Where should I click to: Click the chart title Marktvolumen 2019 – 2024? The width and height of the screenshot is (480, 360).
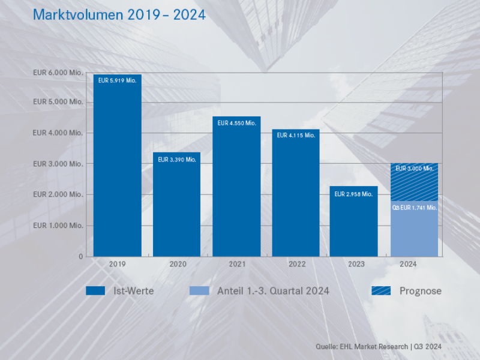point(119,15)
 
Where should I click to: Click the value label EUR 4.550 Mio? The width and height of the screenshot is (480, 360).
point(236,123)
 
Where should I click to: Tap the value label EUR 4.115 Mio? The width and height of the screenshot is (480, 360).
point(296,136)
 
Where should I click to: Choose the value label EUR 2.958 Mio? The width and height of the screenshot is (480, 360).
point(354,194)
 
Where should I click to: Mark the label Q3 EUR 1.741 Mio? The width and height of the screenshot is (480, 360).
point(414,208)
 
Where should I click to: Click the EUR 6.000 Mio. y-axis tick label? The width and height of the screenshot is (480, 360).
point(58,73)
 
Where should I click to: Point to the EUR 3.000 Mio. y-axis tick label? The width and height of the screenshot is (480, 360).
point(58,164)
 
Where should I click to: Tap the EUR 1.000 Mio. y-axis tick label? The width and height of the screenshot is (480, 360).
point(58,226)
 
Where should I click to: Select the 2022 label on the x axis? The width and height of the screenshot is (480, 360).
point(296,263)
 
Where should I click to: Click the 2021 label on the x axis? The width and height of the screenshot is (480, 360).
point(236,263)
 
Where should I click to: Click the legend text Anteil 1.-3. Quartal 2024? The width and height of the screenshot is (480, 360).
point(273,291)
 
